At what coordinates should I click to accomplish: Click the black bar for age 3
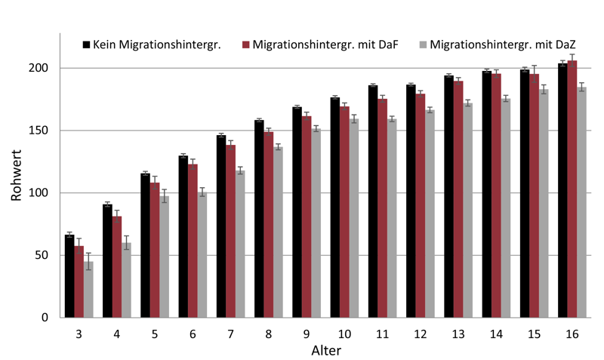(69, 276)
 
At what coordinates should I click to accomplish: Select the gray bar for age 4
(126, 280)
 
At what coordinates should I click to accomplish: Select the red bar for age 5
(155, 250)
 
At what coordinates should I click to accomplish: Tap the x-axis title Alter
(325, 351)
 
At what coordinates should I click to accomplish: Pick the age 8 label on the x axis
(268, 334)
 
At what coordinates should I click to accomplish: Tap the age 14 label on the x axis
(496, 334)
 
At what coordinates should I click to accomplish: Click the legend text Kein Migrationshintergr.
(156, 45)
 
